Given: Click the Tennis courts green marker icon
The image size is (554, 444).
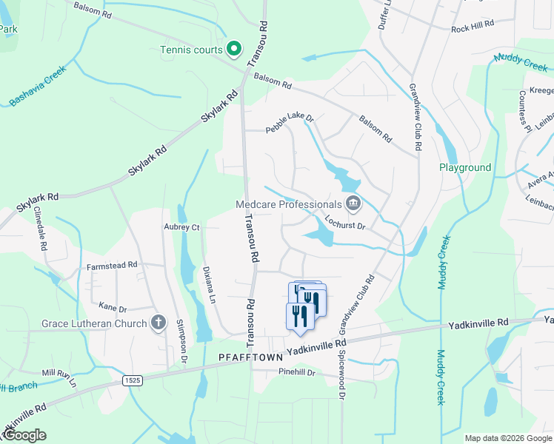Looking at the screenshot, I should [234, 50].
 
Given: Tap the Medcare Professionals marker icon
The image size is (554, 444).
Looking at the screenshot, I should [353, 203].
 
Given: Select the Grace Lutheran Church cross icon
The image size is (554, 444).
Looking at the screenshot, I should [157, 323].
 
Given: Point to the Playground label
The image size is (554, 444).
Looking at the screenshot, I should [465, 168].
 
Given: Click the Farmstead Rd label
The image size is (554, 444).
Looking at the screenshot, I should [113, 264].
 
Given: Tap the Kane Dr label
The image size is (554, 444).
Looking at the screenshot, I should [113, 306].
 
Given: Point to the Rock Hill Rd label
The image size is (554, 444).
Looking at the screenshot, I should [473, 29].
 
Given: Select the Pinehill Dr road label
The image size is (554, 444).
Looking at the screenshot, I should [297, 372].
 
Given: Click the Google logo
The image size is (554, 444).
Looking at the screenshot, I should [24, 435].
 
